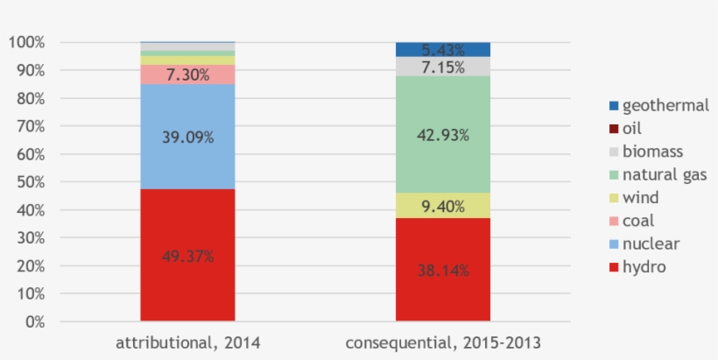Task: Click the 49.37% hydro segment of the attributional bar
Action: pos(187,256)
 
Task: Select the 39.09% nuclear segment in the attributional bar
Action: pos(187,136)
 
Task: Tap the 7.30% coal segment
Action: pos(187,74)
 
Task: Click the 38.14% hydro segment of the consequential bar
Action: pos(442,270)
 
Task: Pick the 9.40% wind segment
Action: pos(442,206)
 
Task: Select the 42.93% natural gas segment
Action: pos(442,135)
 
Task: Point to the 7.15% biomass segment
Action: pos(442,67)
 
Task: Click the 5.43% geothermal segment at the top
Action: pos(442,49)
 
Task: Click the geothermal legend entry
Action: pos(653,106)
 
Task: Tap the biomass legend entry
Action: pos(646,152)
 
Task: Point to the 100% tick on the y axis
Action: pos(27,42)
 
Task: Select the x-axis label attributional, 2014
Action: pos(187,343)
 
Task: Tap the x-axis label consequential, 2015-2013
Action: pos(442,343)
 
